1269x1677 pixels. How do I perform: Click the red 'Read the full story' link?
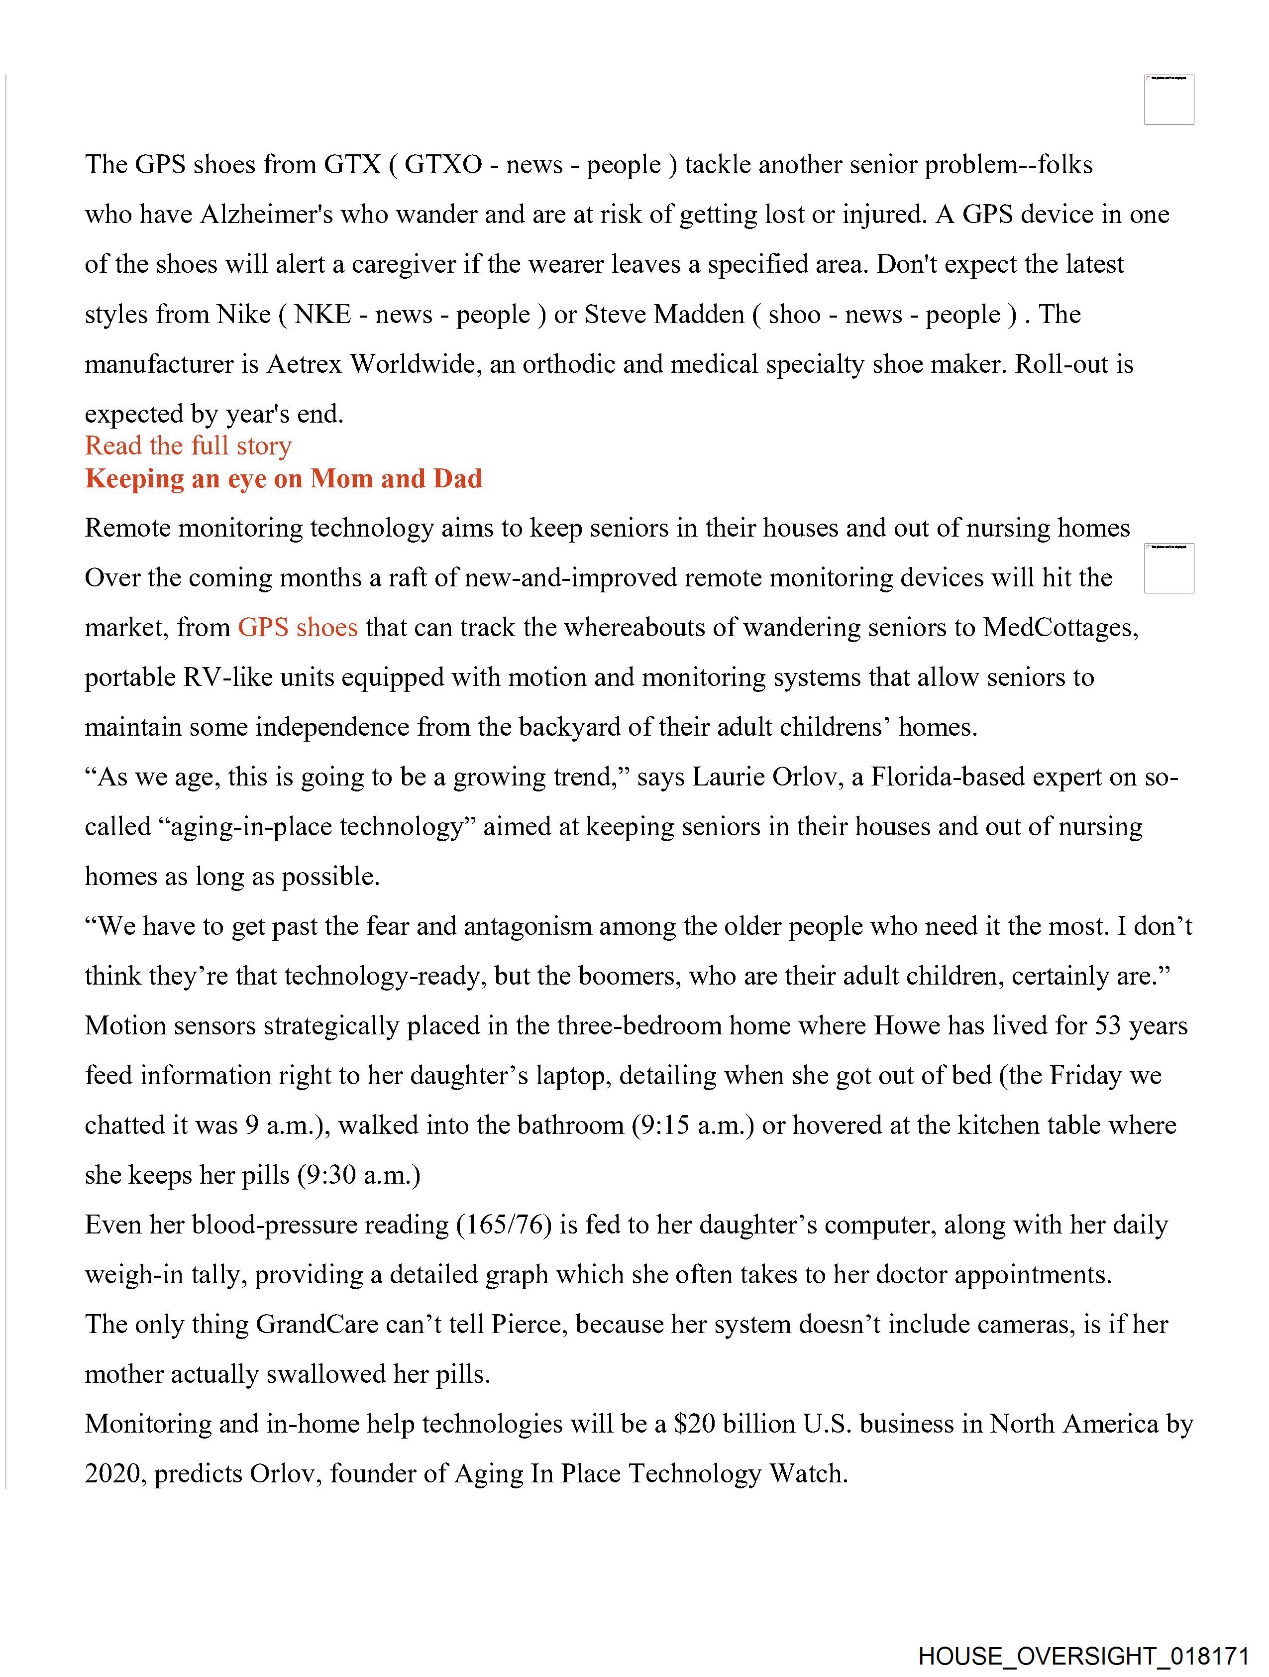tap(188, 446)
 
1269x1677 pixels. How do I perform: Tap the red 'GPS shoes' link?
tap(297, 628)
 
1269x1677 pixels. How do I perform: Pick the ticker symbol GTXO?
tap(443, 165)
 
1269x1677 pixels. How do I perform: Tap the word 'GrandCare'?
tap(317, 1325)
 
